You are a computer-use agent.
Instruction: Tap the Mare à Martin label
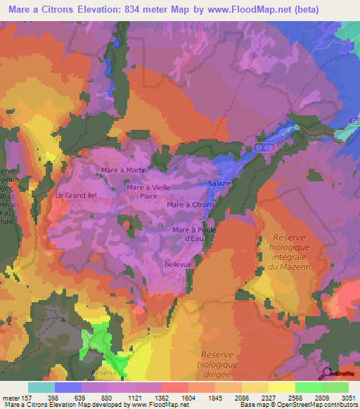click(124, 170)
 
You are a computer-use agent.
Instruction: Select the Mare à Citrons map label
click(191, 204)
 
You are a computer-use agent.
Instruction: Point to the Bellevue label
click(178, 264)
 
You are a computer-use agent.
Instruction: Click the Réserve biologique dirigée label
click(220, 365)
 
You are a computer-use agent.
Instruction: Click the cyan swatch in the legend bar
click(41, 387)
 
